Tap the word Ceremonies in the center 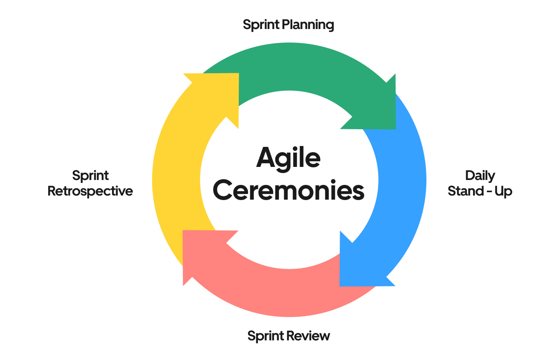[x=288, y=191]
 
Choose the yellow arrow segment [x=176, y=180]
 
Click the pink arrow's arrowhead [x=200, y=250]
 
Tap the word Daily [x=480, y=175]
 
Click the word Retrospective [x=90, y=191]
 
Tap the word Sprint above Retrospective [x=90, y=176]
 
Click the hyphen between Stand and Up [x=489, y=191]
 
